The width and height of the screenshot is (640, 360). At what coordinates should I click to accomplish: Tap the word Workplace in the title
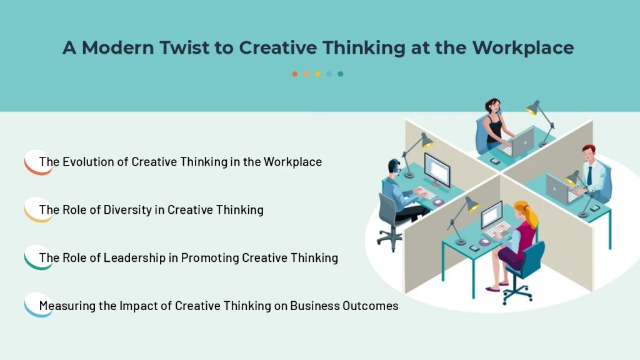(523, 48)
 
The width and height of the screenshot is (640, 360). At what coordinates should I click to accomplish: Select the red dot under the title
(295, 74)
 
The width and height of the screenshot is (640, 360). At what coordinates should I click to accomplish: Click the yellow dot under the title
(317, 74)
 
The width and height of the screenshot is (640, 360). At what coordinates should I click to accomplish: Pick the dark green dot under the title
(341, 74)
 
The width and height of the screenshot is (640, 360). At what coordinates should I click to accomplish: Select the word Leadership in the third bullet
(134, 258)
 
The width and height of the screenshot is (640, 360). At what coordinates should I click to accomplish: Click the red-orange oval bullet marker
(38, 162)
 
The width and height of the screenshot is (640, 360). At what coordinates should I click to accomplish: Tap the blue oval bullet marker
(38, 305)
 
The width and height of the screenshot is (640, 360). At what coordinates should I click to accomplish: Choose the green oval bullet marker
(38, 257)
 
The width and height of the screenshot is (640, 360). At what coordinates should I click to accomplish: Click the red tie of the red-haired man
(589, 176)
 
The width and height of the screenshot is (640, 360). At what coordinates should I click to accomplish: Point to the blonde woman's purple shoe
(492, 289)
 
